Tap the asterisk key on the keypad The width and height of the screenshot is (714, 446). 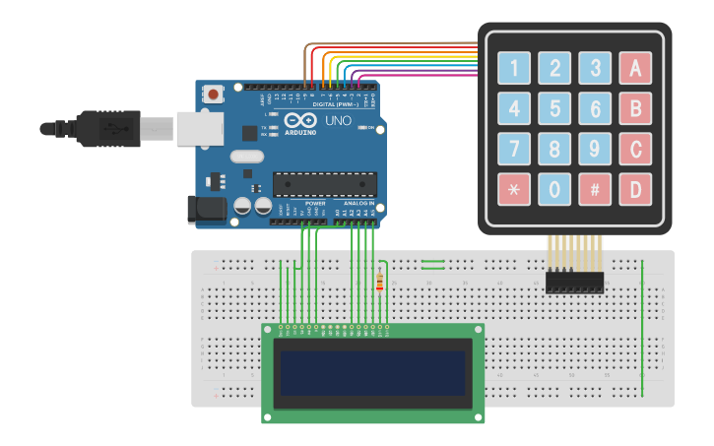(514, 189)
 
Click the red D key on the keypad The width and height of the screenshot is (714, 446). (635, 189)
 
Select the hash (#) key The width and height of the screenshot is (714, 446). (595, 189)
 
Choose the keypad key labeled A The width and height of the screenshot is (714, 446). (635, 68)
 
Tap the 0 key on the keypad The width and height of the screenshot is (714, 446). (554, 189)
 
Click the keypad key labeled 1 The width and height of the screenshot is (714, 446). (514, 68)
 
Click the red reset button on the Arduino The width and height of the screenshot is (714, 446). (213, 95)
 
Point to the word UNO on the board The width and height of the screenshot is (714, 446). (338, 120)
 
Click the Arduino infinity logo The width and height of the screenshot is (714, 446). (294, 121)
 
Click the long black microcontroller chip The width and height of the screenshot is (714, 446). (324, 184)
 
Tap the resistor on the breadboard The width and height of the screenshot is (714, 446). (380, 284)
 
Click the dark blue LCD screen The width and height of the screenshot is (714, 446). (373, 371)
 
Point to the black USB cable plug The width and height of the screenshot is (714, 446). (108, 128)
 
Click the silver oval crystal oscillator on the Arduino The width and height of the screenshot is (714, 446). (247, 156)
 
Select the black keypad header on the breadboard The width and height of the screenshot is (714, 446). (574, 282)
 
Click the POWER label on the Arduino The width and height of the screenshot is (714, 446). (315, 203)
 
